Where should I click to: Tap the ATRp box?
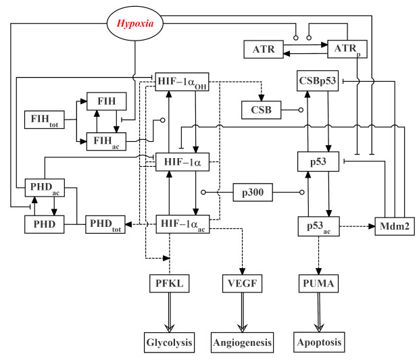[347, 49]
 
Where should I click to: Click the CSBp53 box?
[318, 81]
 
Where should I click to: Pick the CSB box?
[262, 108]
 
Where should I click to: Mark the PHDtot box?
[106, 224]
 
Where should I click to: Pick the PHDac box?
[45, 188]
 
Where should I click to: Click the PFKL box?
[170, 284]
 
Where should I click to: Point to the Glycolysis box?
[170, 342]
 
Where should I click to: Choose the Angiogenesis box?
[241, 342]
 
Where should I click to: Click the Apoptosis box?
[318, 342]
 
